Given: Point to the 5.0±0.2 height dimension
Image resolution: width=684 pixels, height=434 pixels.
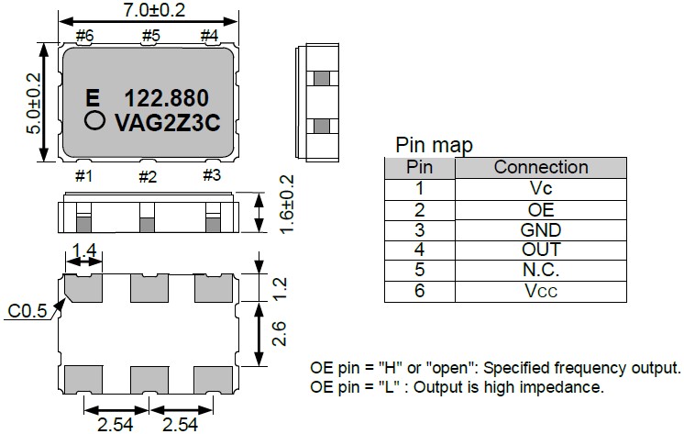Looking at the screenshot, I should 34,104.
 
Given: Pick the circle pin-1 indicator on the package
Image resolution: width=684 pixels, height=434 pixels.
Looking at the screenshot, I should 93,121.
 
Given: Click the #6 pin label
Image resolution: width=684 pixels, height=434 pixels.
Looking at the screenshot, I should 85,36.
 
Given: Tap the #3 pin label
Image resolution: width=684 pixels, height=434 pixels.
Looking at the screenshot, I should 211,175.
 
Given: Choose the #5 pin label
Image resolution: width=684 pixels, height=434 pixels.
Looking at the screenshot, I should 150,36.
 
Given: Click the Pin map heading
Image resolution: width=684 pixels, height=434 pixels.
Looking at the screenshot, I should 434,146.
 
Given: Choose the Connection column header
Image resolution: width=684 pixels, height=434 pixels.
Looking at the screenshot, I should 540,167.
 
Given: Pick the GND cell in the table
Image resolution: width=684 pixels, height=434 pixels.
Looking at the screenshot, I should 540,229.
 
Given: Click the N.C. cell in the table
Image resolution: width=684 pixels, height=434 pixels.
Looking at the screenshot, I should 540,270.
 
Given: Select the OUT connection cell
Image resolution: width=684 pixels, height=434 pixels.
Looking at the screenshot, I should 540,250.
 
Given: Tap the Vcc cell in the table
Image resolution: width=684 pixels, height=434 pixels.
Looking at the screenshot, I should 540,291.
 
